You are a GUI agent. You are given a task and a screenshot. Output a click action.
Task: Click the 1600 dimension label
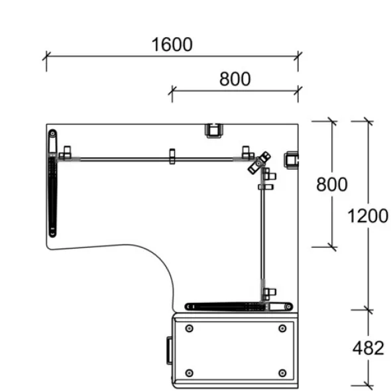172,44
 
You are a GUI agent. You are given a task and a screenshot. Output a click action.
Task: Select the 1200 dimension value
368,216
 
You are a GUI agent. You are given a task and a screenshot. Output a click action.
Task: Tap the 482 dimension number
368,348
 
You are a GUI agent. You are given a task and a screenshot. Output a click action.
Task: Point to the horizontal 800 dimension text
235,79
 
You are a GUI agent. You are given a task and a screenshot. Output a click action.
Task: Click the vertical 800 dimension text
331,184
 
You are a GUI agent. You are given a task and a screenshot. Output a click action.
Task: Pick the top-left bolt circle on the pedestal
190,329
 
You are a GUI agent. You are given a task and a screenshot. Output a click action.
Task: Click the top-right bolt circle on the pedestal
282,329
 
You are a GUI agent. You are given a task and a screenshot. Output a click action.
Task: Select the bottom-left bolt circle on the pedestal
190,373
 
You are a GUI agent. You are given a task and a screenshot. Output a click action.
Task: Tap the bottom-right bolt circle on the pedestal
282,373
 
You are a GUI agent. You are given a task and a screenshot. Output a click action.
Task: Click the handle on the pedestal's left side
169,351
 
